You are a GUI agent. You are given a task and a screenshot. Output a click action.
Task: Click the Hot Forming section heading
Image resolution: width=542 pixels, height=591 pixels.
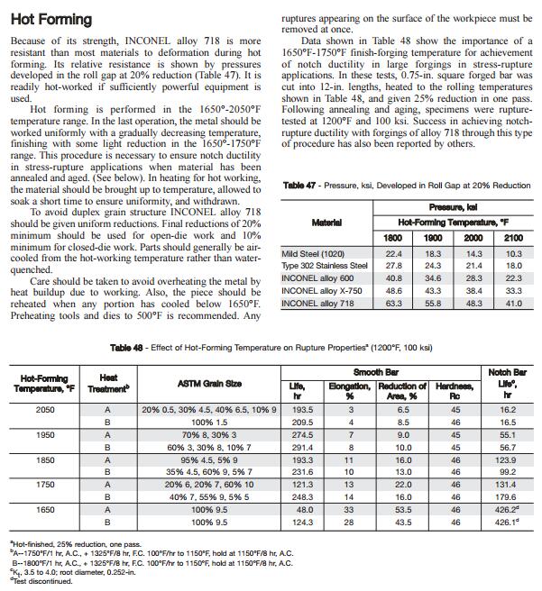51,19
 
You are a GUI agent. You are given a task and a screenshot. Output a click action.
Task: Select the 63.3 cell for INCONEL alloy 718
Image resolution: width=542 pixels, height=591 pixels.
393,305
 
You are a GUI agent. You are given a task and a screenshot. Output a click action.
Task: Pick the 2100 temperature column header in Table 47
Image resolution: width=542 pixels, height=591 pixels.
513,237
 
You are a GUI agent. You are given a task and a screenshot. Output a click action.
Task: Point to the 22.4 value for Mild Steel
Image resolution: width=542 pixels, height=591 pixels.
393,254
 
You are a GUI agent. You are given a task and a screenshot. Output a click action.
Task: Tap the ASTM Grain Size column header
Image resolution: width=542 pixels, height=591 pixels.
210,385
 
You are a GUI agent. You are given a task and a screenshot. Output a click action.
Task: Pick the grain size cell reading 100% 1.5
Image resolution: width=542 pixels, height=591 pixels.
208,422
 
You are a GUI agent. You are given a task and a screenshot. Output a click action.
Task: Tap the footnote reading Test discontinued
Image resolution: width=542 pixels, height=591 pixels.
43,580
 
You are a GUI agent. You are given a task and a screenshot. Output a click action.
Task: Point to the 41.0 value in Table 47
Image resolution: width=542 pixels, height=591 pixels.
513,305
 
